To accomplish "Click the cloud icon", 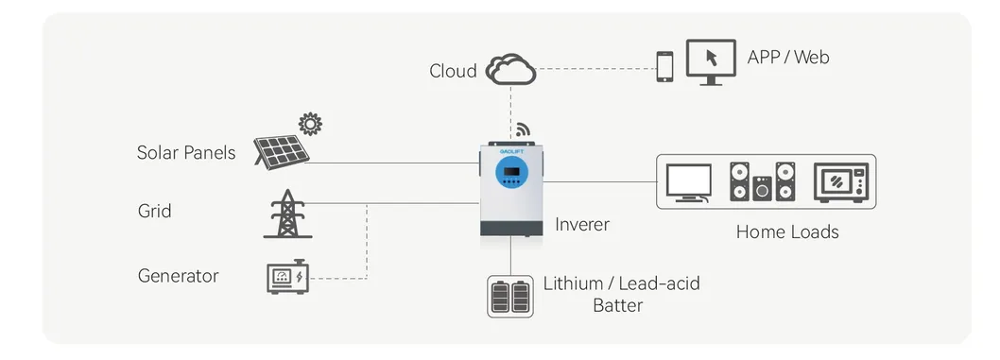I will (x=510, y=69).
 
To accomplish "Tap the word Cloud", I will (x=453, y=71).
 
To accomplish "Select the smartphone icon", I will (x=665, y=65).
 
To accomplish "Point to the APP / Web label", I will (x=787, y=58).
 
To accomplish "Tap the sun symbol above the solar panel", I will (x=309, y=124).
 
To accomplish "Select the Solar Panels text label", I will (x=186, y=152).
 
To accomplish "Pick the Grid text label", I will (x=154, y=211).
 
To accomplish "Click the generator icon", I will (x=286, y=277).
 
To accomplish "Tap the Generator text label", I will (x=178, y=276).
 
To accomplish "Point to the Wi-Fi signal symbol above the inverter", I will (x=522, y=129).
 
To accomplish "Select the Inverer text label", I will (x=581, y=225).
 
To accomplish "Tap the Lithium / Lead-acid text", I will (x=621, y=283).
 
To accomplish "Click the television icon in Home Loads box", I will (x=688, y=182).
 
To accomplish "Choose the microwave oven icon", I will (x=838, y=181).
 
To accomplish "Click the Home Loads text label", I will (x=786, y=231).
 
